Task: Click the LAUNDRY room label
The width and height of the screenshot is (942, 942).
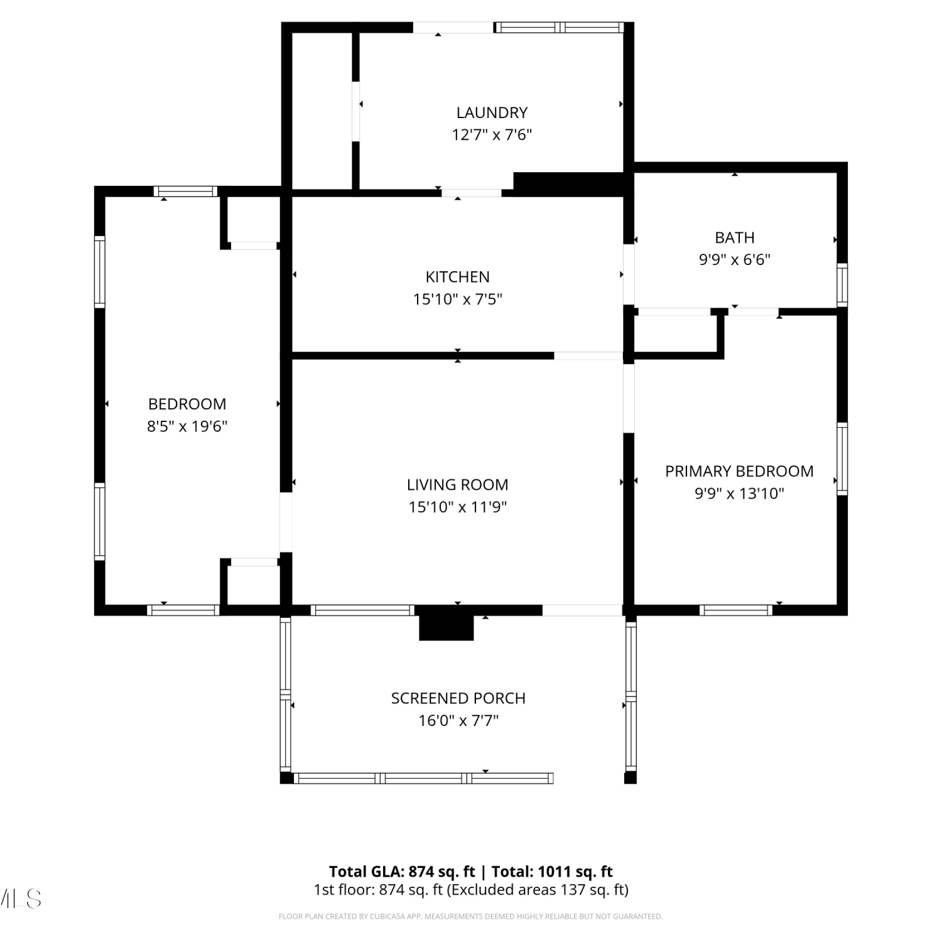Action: (x=492, y=113)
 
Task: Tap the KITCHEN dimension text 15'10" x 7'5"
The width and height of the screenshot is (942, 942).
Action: (x=458, y=299)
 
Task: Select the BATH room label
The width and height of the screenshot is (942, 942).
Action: (x=735, y=238)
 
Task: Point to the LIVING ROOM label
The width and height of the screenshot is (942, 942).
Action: (x=458, y=485)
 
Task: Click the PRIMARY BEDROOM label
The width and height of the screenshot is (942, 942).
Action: (x=739, y=472)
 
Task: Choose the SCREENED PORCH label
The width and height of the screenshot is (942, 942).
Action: (x=458, y=698)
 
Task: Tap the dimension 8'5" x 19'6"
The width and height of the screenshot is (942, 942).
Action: (x=187, y=426)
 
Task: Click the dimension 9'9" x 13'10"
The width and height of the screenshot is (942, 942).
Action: (x=739, y=494)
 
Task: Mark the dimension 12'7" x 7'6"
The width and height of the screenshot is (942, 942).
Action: (x=492, y=135)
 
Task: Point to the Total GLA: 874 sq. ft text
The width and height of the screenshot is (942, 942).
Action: (x=402, y=872)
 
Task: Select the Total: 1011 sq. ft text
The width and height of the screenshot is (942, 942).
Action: (x=552, y=872)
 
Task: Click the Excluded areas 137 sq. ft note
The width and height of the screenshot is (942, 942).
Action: (x=538, y=890)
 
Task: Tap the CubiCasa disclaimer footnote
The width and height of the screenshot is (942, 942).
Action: (x=470, y=917)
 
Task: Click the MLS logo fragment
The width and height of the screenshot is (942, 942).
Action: (x=21, y=899)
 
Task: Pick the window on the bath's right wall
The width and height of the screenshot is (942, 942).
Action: (x=842, y=285)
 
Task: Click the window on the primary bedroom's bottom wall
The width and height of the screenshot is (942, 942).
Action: (x=736, y=610)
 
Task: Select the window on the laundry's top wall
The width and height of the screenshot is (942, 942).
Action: (x=560, y=28)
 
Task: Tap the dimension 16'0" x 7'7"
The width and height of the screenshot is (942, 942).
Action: (x=458, y=720)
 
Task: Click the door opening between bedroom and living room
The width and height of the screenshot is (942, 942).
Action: (x=286, y=522)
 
